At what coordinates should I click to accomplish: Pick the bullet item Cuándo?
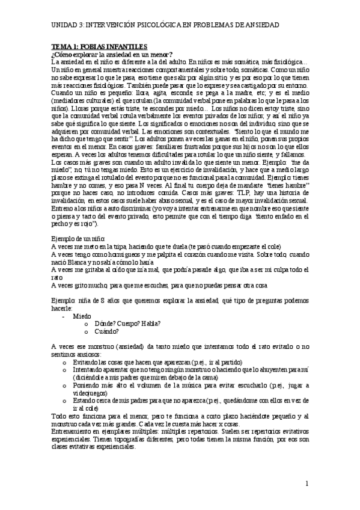point(107,331)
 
